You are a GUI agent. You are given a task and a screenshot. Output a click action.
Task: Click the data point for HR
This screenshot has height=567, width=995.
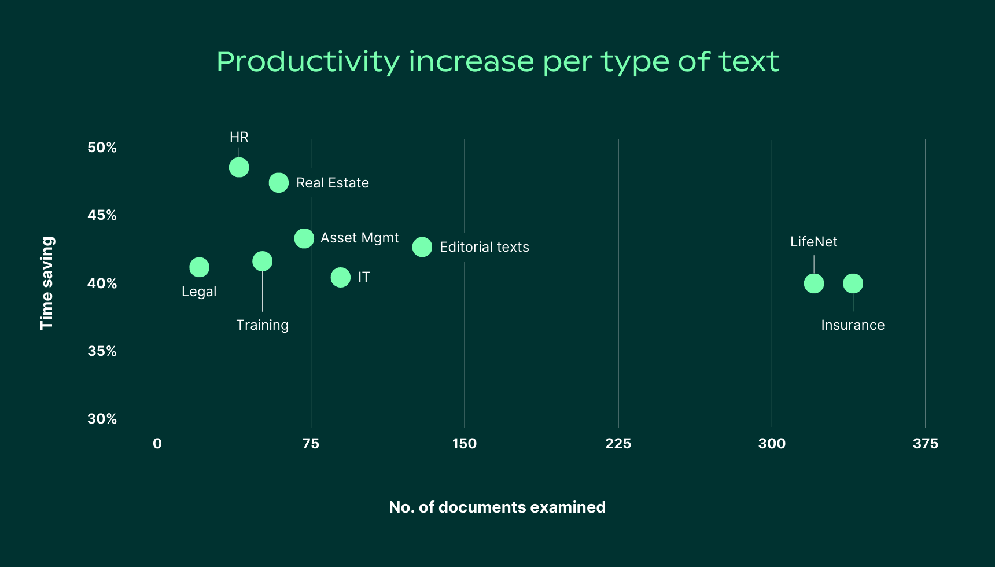pos(239,167)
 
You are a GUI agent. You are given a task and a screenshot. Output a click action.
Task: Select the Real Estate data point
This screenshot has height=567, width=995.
pos(279,183)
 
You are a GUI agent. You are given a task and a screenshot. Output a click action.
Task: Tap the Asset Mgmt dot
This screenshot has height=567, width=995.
pos(304,238)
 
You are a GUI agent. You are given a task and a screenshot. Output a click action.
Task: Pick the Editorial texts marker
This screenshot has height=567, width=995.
pos(422,247)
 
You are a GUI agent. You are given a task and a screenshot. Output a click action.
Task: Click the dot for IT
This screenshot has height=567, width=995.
pos(341,277)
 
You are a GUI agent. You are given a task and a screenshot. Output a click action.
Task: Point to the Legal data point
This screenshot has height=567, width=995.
pos(199,267)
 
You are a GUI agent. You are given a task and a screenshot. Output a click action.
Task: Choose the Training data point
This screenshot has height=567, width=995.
pos(262,262)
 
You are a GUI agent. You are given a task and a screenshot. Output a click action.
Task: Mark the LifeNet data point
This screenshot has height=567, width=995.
pos(814,283)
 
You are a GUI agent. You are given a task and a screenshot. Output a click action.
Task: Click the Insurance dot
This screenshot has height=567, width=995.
pos(853,283)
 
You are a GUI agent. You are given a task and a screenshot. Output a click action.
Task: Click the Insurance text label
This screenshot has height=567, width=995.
pos(853,325)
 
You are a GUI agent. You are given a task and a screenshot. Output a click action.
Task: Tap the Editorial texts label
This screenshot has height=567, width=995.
pos(484,247)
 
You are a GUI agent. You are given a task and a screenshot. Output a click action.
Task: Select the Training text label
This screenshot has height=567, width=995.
pos(262,325)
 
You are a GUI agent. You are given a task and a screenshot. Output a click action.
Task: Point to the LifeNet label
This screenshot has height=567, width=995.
pos(814,242)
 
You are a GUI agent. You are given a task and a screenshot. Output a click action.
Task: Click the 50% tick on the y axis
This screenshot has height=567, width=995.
pos(102,148)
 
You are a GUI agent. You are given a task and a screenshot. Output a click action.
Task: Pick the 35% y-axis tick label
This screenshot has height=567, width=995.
pos(102,351)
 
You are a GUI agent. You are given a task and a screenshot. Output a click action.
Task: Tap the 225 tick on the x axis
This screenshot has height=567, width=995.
pos(618,444)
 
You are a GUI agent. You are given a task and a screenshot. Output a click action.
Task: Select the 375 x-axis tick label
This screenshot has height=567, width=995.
pos(925,444)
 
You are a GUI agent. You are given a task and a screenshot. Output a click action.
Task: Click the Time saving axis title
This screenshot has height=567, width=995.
pos(47,283)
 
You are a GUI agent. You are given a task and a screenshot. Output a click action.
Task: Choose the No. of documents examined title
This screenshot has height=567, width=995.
pos(497,507)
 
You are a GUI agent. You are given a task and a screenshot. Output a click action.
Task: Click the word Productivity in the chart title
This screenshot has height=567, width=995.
pos(308,62)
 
